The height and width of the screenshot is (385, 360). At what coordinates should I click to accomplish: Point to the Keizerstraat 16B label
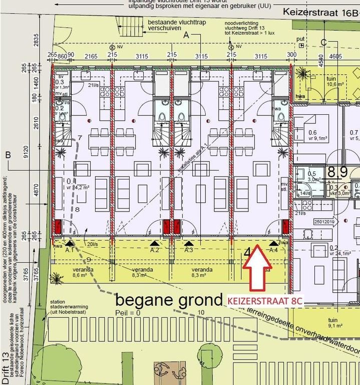click(x=321, y=12)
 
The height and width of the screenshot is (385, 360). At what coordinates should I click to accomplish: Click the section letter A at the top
click(x=187, y=35)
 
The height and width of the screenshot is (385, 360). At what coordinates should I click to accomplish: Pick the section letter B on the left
click(x=8, y=156)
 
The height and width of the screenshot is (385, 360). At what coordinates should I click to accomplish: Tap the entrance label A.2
click(x=154, y=250)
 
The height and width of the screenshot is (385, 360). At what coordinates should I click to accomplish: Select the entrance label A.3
click(x=188, y=250)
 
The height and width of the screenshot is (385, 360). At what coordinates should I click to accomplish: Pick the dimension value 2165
click(x=91, y=57)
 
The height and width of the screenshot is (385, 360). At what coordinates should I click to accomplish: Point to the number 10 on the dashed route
click(x=201, y=313)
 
